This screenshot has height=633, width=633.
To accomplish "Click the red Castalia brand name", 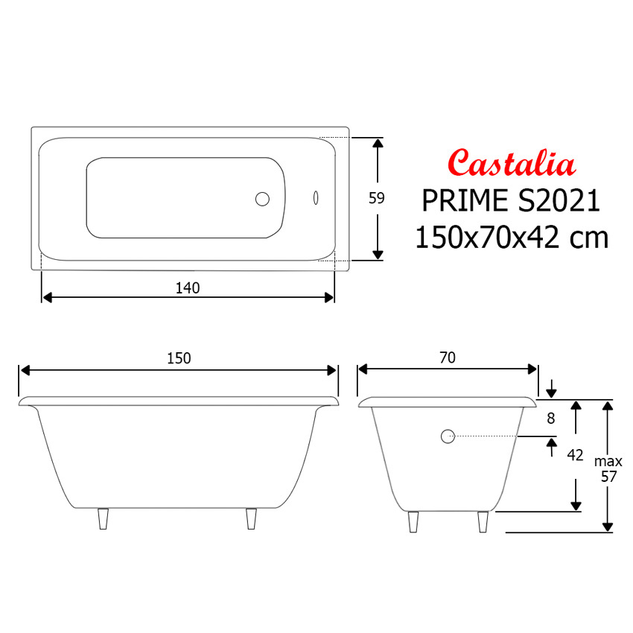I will click(511, 162).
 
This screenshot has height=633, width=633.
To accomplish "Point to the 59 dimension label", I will click(377, 198).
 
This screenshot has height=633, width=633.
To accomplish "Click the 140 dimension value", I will click(188, 288).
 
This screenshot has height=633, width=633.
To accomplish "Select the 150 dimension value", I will click(179, 358).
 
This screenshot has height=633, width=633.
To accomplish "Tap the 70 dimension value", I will click(447, 358).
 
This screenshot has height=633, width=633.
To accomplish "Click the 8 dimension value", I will click(551, 419).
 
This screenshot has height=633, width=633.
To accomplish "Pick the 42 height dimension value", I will click(575, 455).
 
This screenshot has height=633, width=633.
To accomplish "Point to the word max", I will click(608, 462).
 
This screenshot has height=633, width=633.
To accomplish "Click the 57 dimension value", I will click(608, 477).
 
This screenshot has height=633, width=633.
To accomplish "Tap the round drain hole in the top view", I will click(262, 199).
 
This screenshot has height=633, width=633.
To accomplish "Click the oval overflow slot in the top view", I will click(316, 199).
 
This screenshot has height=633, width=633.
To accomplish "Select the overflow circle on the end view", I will click(448, 437).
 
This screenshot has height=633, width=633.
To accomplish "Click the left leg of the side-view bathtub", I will click(103, 518).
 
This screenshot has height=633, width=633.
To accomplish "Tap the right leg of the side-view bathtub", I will click(252, 518).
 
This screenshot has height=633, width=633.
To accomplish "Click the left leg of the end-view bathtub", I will click(413, 521).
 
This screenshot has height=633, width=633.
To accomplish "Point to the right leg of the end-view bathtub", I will click(483, 521).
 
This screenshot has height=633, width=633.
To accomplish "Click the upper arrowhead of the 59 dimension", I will click(378, 143).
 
